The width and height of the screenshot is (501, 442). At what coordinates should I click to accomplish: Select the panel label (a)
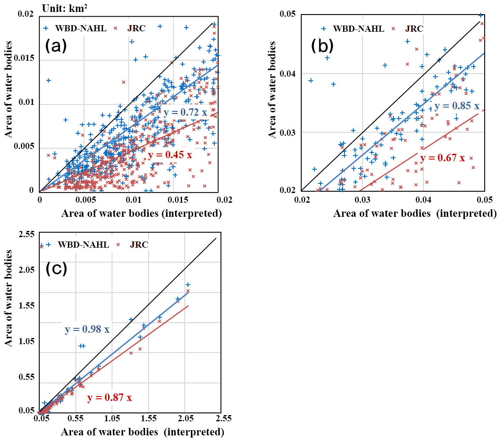click(x=56, y=46)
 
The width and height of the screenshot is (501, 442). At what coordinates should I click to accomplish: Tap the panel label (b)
click(x=322, y=46)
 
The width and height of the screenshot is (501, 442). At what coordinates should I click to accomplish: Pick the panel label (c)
click(x=56, y=268)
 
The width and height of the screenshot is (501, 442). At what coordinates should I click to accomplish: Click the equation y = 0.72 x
click(x=185, y=112)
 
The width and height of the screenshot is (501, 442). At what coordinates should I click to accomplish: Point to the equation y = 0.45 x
click(x=170, y=155)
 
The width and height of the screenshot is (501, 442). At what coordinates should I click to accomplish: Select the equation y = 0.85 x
click(x=456, y=106)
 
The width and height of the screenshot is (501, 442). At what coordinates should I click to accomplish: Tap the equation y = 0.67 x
click(x=442, y=158)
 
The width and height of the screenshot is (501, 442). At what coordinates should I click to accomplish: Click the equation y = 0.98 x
click(x=87, y=330)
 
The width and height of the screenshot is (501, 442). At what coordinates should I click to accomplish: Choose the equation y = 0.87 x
click(x=109, y=398)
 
